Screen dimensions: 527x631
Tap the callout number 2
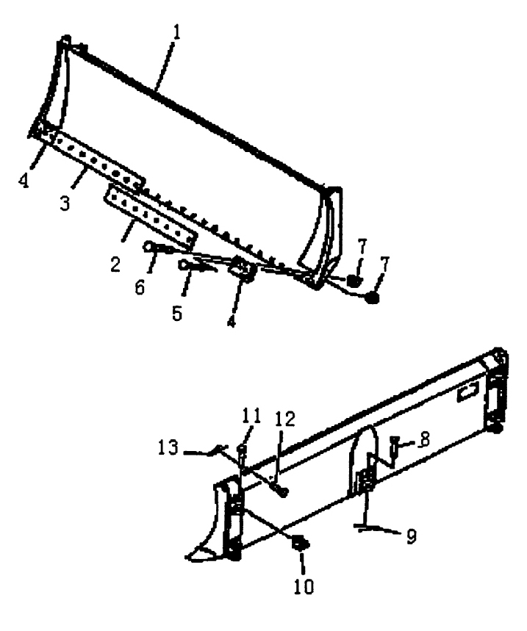[115, 264]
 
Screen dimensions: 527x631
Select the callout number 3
[65, 203]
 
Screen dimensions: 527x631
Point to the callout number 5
[177, 314]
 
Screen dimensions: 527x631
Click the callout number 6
[140, 288]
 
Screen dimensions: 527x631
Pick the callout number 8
[423, 439]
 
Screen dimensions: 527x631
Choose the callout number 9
[411, 537]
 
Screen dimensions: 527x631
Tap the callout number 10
[304, 587]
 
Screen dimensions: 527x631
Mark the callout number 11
[252, 415]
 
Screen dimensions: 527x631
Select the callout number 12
[285, 419]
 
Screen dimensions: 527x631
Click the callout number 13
[168, 447]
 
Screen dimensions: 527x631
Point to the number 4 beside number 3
[24, 181]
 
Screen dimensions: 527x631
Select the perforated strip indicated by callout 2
[151, 217]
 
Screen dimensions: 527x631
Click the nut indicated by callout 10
[301, 543]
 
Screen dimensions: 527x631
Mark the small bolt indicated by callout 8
[394, 444]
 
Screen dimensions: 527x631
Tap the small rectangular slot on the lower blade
[467, 392]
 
